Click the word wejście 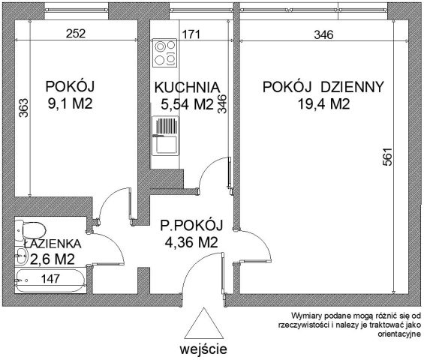[x=203, y=349]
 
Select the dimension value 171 [x=193, y=33]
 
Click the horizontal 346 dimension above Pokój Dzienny [x=323, y=33]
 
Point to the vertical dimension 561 [x=386, y=156]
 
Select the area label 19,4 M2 [x=323, y=104]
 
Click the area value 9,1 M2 [x=72, y=104]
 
